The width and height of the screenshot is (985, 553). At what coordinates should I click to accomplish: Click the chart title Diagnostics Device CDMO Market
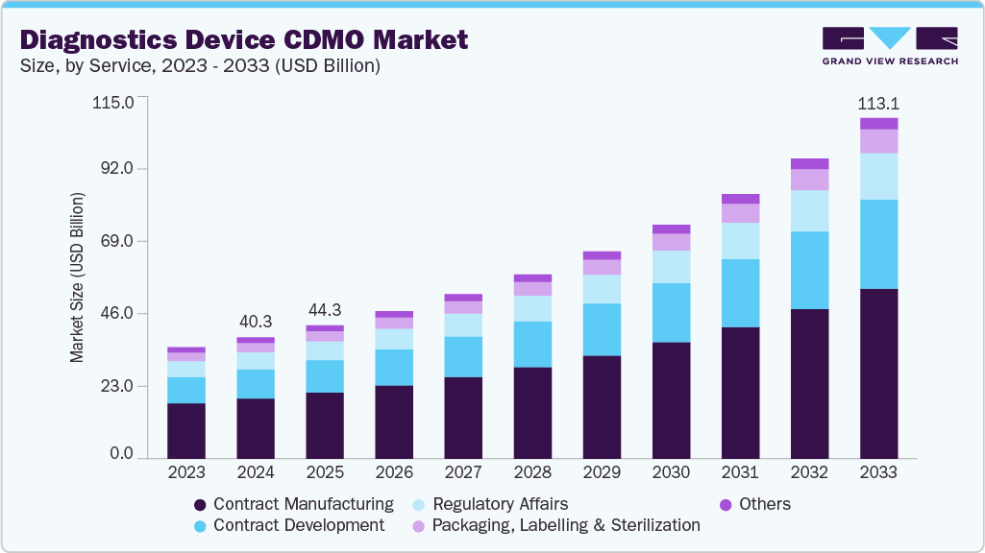click(x=244, y=39)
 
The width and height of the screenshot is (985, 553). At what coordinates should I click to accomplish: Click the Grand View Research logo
click(x=889, y=46)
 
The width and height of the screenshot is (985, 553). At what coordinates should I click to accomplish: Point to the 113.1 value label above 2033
click(x=878, y=103)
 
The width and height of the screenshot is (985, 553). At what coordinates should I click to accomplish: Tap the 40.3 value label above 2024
click(x=256, y=321)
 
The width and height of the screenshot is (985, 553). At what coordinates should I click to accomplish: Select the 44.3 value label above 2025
click(x=325, y=309)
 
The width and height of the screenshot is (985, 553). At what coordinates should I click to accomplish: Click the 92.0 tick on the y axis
click(x=115, y=169)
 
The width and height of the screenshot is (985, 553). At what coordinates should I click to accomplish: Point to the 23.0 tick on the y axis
click(x=115, y=386)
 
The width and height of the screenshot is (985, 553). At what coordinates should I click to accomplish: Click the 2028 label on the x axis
click(x=532, y=473)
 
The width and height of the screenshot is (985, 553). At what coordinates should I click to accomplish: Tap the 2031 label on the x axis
click(x=740, y=473)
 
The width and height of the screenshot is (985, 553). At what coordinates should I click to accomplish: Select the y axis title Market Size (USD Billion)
click(x=77, y=277)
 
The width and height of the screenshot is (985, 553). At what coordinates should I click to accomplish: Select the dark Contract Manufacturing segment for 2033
click(x=878, y=373)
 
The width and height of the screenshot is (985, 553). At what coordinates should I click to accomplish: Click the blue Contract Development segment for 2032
click(x=809, y=270)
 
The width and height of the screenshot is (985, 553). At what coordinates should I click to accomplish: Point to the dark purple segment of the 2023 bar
click(x=186, y=430)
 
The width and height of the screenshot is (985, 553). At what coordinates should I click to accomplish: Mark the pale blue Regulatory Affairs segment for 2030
click(x=671, y=267)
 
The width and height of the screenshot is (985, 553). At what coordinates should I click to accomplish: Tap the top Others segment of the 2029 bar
click(x=602, y=255)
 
